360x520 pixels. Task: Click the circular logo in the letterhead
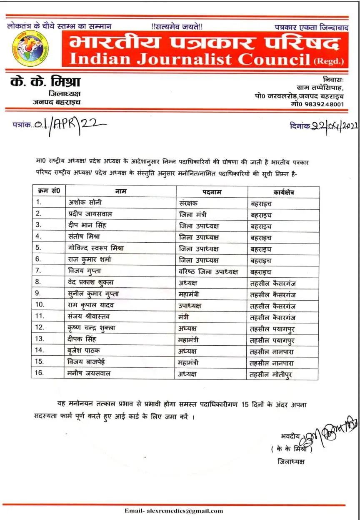point(30,48)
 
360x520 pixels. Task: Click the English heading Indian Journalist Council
point(190,59)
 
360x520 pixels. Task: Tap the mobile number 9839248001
point(323,104)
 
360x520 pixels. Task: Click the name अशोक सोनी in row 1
point(85,203)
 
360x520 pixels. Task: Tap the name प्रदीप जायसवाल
point(90,214)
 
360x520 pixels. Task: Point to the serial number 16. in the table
point(40,373)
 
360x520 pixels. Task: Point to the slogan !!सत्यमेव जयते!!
point(177,26)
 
